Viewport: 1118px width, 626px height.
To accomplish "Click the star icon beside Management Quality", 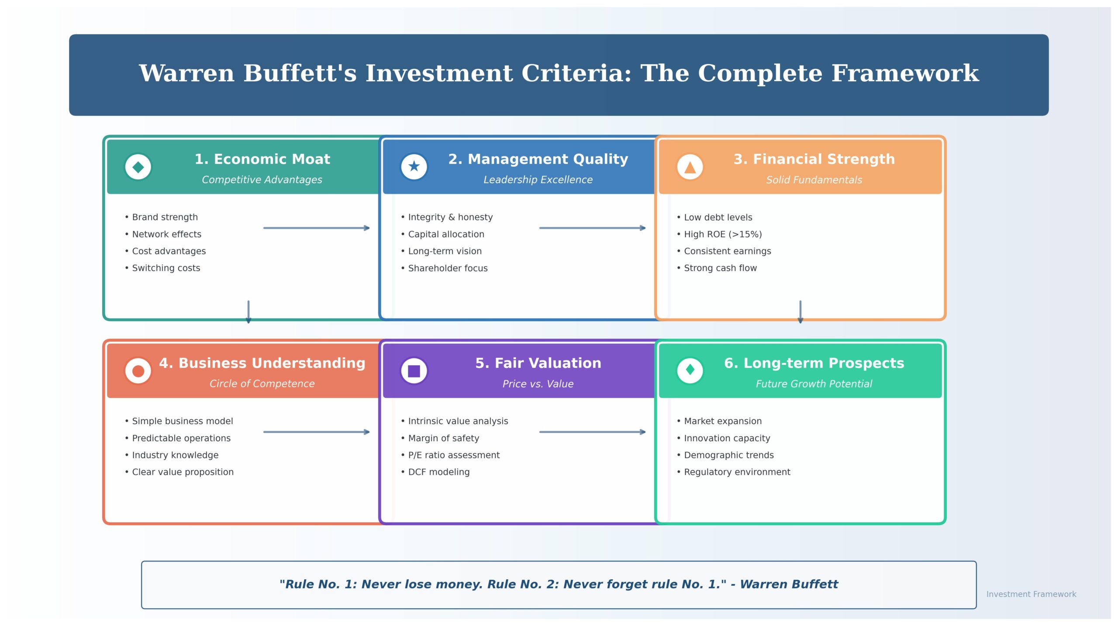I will (x=414, y=166).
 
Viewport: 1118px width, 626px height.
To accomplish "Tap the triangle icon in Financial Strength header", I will (x=690, y=167).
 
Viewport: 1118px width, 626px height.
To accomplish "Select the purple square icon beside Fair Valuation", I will (x=414, y=371).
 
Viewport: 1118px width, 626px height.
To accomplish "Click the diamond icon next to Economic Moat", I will (x=138, y=167).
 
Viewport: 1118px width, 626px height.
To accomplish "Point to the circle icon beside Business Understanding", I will (x=138, y=371).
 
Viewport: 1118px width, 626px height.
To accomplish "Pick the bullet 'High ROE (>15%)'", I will (x=722, y=234).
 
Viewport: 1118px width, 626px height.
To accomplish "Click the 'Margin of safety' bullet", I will (x=443, y=438).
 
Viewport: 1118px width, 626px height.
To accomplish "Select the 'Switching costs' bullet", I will (x=166, y=268).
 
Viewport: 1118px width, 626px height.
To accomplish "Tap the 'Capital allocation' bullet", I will (x=445, y=234).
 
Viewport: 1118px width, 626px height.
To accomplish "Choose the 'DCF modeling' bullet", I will (x=438, y=472).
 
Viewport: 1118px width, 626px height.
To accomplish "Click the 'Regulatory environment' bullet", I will (x=737, y=472).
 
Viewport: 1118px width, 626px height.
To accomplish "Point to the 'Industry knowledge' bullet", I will (x=175, y=455).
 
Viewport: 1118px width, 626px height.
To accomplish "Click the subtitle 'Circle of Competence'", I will (x=262, y=384).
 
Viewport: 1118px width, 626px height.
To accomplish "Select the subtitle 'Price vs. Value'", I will (x=538, y=384).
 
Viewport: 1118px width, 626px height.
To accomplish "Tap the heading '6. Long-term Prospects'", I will (x=814, y=363).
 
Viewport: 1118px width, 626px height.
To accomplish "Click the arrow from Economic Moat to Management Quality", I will (x=317, y=228).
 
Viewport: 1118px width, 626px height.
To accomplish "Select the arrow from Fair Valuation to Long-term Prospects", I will (x=593, y=432).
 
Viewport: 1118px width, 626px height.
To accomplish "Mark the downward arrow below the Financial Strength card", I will (x=800, y=311).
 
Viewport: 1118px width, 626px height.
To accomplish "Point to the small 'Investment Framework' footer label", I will (x=1031, y=594).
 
